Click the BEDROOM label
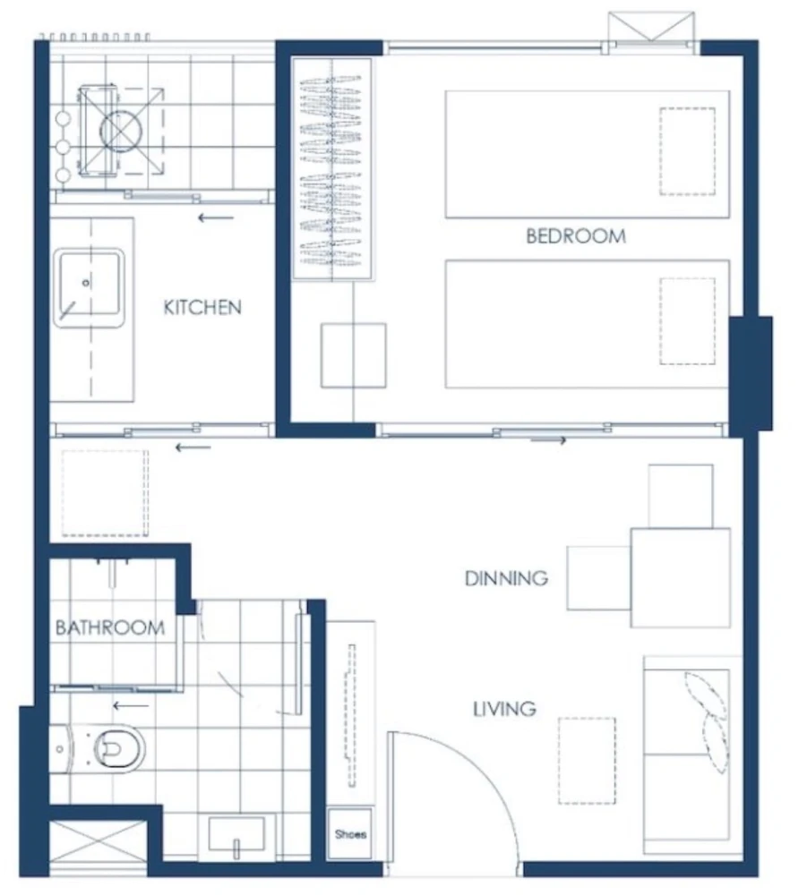click(x=576, y=235)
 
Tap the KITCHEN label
click(x=202, y=308)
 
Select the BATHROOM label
click(x=110, y=628)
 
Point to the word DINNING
click(x=507, y=578)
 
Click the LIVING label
click(x=505, y=709)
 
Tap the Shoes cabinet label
click(x=351, y=834)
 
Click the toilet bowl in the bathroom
click(x=119, y=747)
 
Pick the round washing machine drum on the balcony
click(x=121, y=131)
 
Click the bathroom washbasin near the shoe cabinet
click(x=236, y=834)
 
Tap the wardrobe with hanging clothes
click(x=331, y=169)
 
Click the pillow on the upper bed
click(x=688, y=151)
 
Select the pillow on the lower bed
click(x=688, y=321)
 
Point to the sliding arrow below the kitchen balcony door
click(x=216, y=217)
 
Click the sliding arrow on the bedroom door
click(x=548, y=440)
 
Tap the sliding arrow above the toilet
click(x=131, y=706)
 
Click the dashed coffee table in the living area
click(x=588, y=761)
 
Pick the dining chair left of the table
click(x=599, y=577)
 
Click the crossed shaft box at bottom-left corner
click(x=98, y=848)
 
